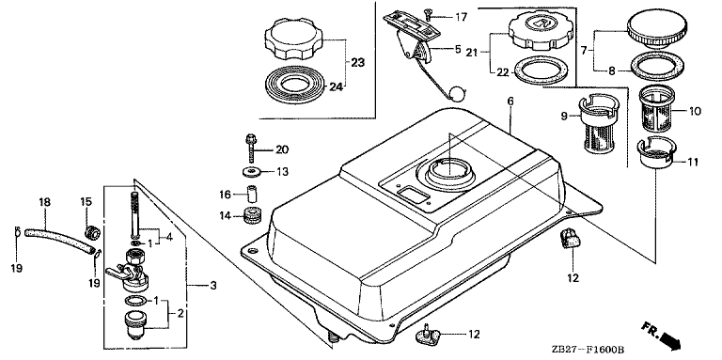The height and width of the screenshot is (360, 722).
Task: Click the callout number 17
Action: pos(461,18)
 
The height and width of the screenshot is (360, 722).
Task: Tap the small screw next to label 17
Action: pos(429,15)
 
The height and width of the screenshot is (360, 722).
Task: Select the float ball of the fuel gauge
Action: pos(458,94)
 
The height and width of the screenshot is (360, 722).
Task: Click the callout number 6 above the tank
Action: pos(510,102)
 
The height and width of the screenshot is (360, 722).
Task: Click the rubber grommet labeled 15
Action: pos(92,233)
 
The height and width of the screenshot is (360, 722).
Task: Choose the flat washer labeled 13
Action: pos(251,172)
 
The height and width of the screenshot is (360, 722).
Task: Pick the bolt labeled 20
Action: pos(251,148)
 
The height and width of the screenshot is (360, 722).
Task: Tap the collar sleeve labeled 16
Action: pos(251,194)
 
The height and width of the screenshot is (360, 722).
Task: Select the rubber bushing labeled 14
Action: pos(252,215)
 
